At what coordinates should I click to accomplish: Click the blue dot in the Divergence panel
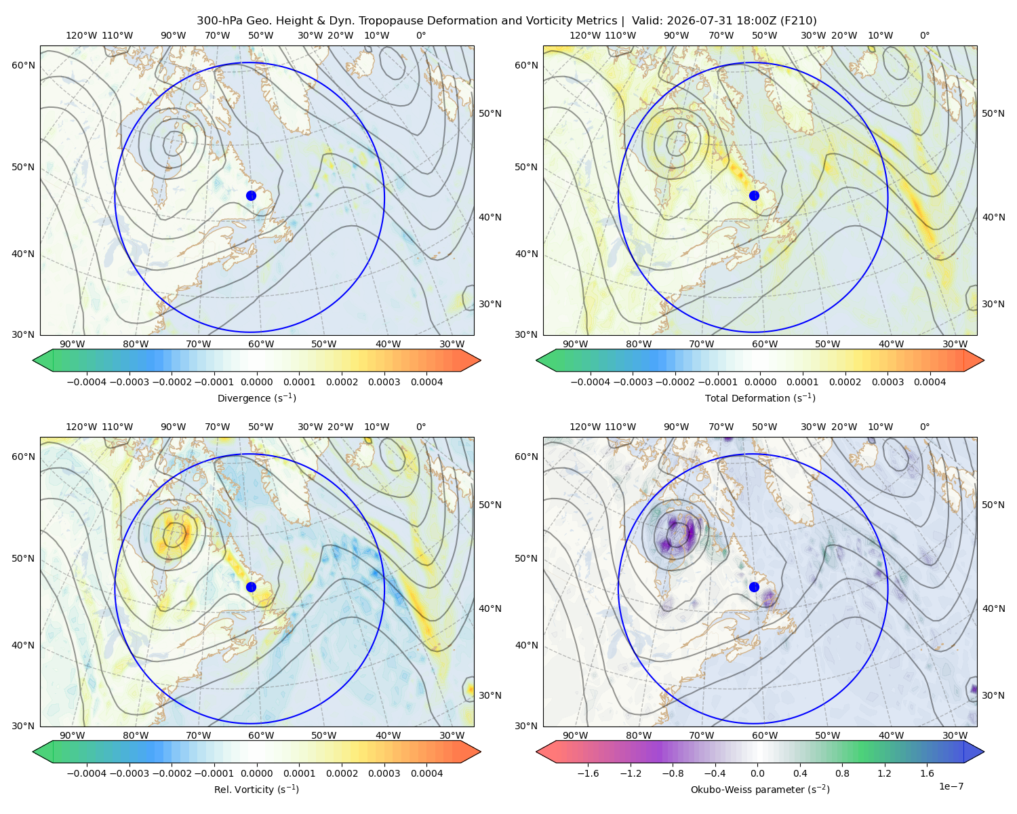pos(251,195)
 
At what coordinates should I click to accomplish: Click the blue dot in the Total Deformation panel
pos(754,195)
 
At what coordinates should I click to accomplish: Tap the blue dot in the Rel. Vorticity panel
pos(251,587)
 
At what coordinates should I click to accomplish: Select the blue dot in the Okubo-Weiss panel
pos(754,587)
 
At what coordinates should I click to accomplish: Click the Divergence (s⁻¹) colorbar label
pos(256,398)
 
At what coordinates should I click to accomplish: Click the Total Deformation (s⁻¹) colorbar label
pos(760,398)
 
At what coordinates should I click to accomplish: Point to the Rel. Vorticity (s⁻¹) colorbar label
pos(256,789)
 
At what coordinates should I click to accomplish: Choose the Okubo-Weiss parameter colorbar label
pos(760,789)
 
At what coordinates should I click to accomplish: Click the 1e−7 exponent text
pos(951,786)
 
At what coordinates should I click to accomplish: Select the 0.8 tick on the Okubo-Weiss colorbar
pos(842,773)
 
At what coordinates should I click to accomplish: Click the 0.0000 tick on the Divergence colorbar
pos(256,382)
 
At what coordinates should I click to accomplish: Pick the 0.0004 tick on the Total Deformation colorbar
pos(930,382)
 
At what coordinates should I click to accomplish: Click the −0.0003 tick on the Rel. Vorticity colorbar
pos(129,773)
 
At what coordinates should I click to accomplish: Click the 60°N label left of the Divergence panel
pos(23,65)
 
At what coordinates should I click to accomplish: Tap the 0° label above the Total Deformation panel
pos(924,35)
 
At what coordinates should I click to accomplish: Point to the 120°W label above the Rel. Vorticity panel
pos(81,426)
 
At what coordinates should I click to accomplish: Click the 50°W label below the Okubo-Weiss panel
pos(827,735)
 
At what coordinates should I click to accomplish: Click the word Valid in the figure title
pos(644,20)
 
